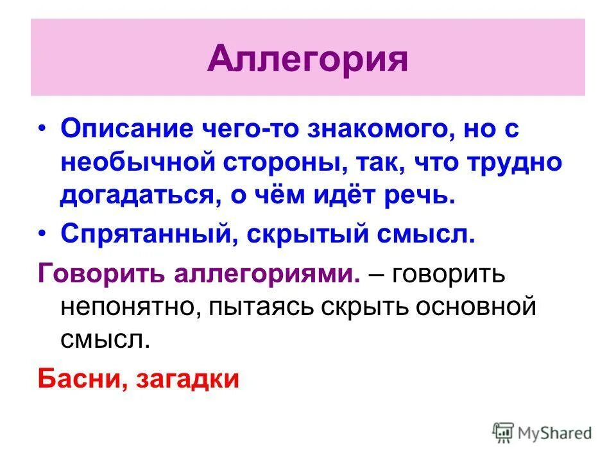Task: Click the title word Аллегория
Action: [308, 59]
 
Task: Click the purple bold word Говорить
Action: [101, 274]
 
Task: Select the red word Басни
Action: [80, 379]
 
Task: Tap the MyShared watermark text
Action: [556, 433]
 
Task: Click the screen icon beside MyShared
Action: [504, 433]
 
